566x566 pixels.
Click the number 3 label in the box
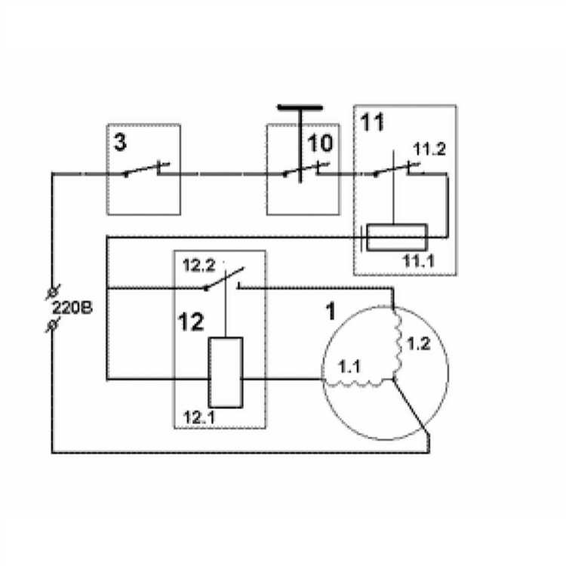[121, 143]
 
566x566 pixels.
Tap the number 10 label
[319, 143]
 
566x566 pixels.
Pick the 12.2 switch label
[198, 266]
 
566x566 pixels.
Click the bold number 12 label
[190, 323]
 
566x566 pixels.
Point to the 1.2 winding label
[418, 345]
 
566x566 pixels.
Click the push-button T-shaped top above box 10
[300, 108]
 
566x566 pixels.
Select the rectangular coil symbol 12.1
[226, 372]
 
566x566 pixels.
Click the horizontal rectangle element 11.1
[397, 237]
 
